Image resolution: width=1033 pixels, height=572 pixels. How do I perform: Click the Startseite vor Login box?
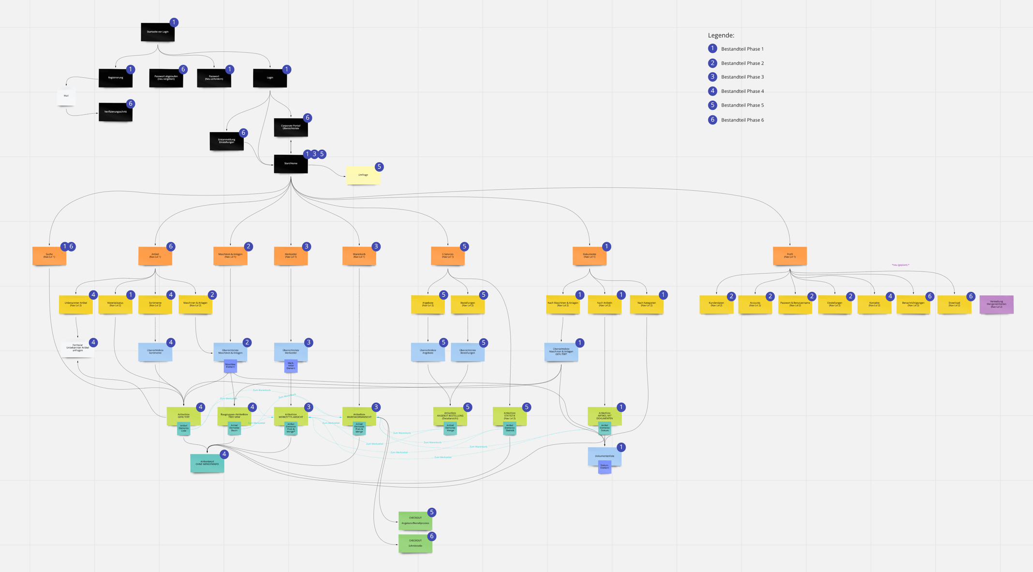click(158, 32)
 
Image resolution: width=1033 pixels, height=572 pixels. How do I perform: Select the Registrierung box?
click(116, 78)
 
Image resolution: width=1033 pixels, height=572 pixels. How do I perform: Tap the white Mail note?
click(66, 96)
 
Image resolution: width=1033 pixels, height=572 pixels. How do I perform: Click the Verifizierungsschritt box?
click(116, 112)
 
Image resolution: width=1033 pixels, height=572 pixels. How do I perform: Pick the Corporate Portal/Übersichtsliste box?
click(291, 127)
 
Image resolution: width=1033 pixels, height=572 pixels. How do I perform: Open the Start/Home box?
click(291, 164)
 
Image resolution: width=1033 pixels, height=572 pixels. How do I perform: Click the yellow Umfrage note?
click(363, 175)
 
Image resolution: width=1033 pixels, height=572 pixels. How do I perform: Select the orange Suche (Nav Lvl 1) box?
click(49, 256)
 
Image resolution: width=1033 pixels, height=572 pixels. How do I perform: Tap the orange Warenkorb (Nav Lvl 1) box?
click(359, 256)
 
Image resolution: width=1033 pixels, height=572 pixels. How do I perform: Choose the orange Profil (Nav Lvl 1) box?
click(790, 256)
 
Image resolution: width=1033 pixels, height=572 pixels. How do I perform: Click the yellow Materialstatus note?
click(115, 304)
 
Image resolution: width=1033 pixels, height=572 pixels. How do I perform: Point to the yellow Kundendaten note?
click(716, 304)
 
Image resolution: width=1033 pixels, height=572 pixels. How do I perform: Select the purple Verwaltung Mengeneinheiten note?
click(996, 304)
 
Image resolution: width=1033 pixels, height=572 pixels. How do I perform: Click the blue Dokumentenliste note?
click(605, 456)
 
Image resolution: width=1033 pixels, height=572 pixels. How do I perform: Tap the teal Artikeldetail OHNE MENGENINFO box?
click(207, 463)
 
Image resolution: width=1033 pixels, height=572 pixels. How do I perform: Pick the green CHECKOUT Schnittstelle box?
click(415, 543)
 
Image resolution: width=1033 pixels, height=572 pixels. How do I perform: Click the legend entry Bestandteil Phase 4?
click(742, 91)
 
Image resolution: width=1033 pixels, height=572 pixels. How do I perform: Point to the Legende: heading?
click(721, 35)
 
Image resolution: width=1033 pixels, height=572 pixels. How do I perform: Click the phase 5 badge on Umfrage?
click(379, 167)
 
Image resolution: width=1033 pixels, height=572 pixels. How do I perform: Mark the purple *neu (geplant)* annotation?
click(900, 265)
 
